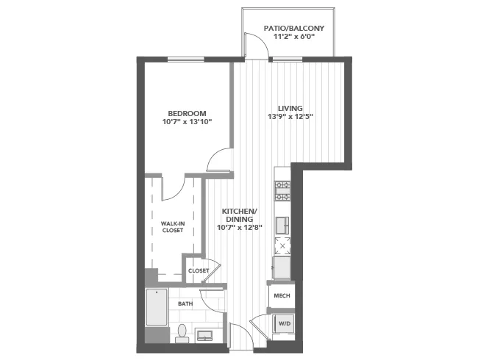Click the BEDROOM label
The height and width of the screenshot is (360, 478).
pos(188,113)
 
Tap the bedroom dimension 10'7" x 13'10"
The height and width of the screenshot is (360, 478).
pos(188,122)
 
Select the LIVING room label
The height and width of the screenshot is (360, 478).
pos(290,108)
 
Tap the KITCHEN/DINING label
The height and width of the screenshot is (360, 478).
pos(239,215)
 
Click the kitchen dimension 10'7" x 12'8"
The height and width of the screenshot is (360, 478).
pos(239,228)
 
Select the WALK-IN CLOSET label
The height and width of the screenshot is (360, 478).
pos(172,226)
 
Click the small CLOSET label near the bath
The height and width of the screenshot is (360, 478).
pos(199,270)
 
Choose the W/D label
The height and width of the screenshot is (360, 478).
pos(283,323)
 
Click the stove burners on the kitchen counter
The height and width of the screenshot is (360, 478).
pos(282,190)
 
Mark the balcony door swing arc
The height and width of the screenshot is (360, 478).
pos(255,46)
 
